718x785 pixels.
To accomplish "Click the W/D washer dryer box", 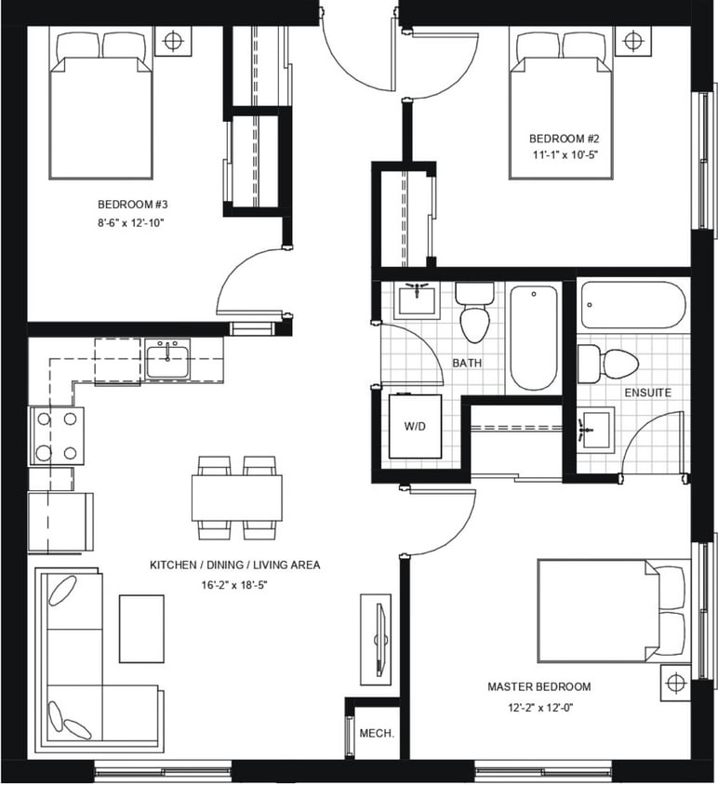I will tap(415, 426).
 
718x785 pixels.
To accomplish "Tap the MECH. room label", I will tap(377, 733).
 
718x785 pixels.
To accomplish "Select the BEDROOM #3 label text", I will tap(132, 205).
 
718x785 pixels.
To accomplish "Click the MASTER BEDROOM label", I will tap(539, 686).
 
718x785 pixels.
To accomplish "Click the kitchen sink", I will tap(167, 359).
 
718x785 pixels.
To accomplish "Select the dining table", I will tap(236, 498).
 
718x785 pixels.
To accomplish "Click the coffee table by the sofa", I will tap(141, 629).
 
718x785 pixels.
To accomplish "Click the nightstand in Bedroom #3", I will tap(173, 41).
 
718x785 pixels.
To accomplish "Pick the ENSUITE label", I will tap(648, 392).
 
